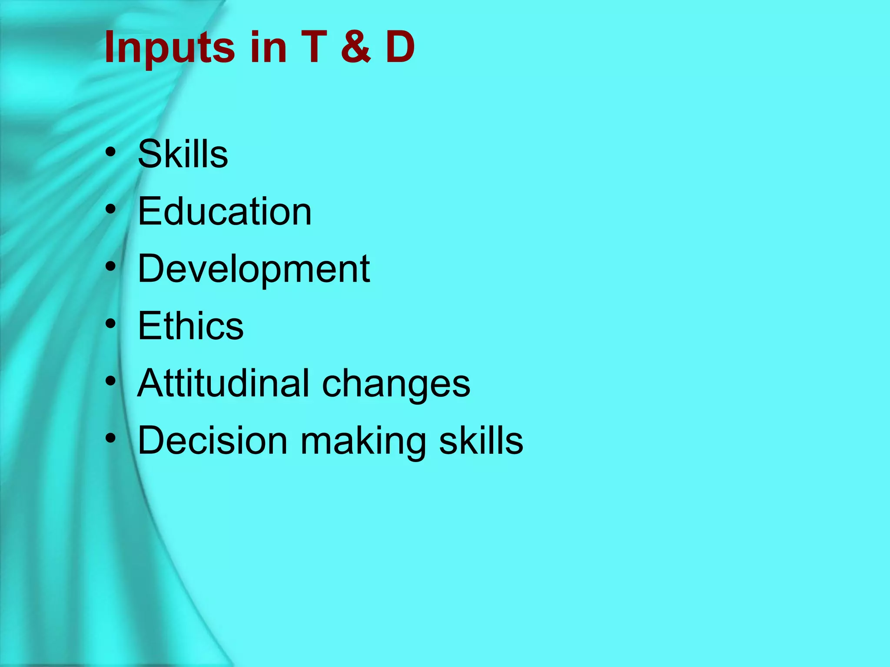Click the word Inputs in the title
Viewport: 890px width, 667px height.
point(170,47)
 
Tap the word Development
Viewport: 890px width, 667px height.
point(254,269)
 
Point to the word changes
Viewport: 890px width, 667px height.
point(396,384)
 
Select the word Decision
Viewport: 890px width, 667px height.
point(213,440)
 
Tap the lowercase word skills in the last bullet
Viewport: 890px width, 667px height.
point(481,440)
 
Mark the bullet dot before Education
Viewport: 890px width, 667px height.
point(111,209)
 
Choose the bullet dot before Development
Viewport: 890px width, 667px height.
point(111,267)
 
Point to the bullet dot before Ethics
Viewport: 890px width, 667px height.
point(111,324)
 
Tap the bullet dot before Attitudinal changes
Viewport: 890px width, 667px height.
point(111,381)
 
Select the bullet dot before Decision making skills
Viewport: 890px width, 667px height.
point(111,439)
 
